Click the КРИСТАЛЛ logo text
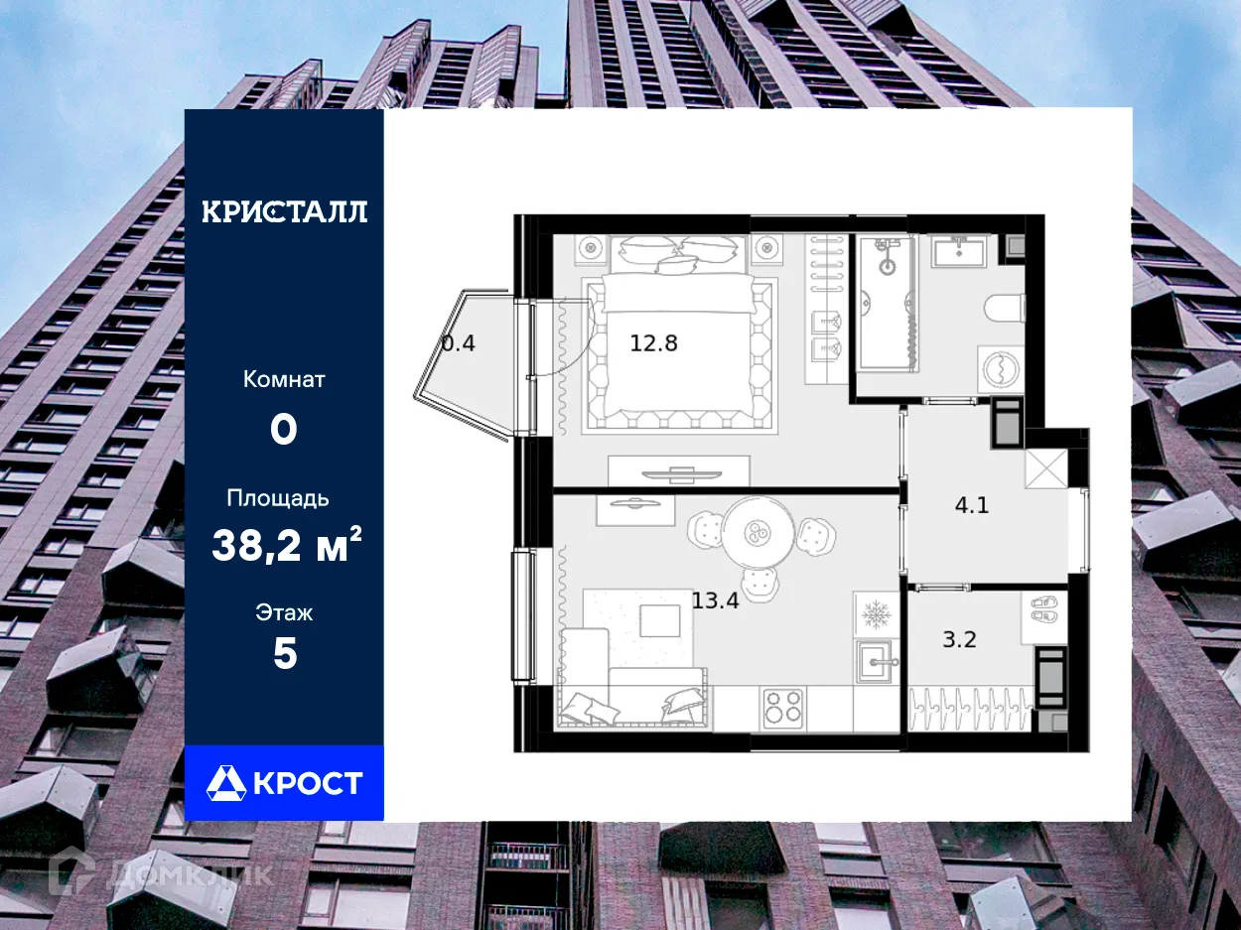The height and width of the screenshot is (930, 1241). (x=285, y=211)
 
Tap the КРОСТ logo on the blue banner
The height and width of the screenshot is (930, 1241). (x=285, y=783)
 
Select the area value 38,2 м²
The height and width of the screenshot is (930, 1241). (x=285, y=545)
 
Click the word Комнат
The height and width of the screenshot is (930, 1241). (x=285, y=379)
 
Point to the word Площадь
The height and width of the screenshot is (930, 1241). (x=278, y=498)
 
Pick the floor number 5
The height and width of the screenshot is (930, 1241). (x=285, y=655)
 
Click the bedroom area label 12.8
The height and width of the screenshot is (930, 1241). (x=654, y=344)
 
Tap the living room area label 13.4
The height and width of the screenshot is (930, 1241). (x=715, y=599)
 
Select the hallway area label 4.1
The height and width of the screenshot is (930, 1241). (x=971, y=505)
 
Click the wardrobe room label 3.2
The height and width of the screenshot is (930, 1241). (x=959, y=639)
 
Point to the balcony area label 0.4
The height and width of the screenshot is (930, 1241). (x=458, y=344)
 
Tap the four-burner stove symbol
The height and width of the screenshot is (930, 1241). (x=783, y=709)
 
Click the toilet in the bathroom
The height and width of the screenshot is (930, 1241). (x=1006, y=308)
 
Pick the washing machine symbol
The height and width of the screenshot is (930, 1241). (x=1001, y=368)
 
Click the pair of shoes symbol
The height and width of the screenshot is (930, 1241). (x=1044, y=609)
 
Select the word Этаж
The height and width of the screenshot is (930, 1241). (x=285, y=612)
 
